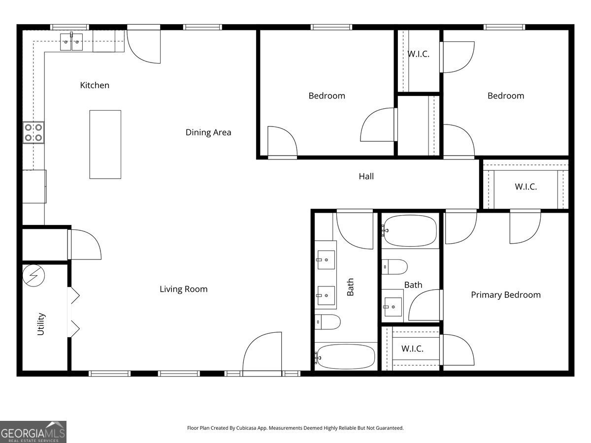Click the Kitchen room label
[95, 85]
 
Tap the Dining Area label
[208, 132]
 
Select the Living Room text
[183, 289]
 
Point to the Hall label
[366, 176]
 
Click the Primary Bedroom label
[505, 294]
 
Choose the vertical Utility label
[41, 324]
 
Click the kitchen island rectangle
[105, 144]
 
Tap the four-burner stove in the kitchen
[33, 132]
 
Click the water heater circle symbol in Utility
[33, 276]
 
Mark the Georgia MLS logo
[33, 432]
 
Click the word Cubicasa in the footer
[256, 428]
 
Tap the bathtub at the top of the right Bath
[410, 230]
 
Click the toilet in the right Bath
[395, 267]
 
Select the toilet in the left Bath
[328, 322]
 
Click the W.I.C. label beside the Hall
[525, 187]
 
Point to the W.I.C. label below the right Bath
[412, 348]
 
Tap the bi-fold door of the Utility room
[73, 311]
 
